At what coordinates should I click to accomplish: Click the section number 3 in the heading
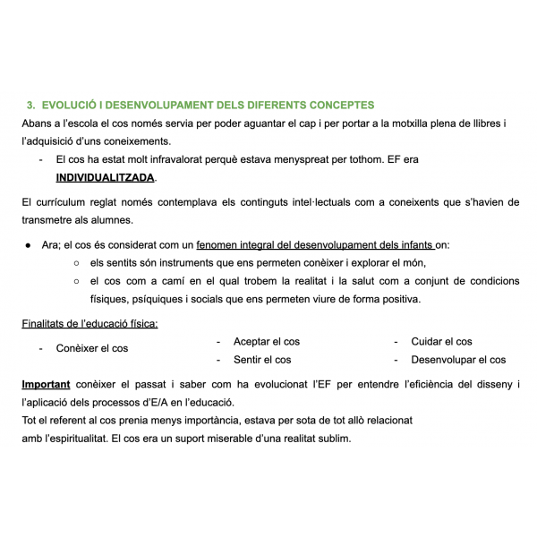tap(30, 105)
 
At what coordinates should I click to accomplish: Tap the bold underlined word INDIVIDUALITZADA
tap(105, 177)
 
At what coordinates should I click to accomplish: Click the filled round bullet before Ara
tap(29, 244)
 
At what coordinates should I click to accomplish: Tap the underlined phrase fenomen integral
tap(238, 244)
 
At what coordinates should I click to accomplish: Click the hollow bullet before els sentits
tap(77, 263)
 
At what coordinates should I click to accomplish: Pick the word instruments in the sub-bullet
tap(188, 263)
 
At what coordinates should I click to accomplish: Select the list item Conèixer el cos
tap(91, 348)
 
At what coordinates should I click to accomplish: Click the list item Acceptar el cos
tap(266, 342)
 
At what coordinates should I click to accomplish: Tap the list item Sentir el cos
tap(261, 360)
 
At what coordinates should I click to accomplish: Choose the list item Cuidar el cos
tap(441, 342)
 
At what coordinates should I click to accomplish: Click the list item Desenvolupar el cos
tap(457, 360)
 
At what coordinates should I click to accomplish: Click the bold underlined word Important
tap(46, 385)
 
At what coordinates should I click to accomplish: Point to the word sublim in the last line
tap(332, 439)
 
